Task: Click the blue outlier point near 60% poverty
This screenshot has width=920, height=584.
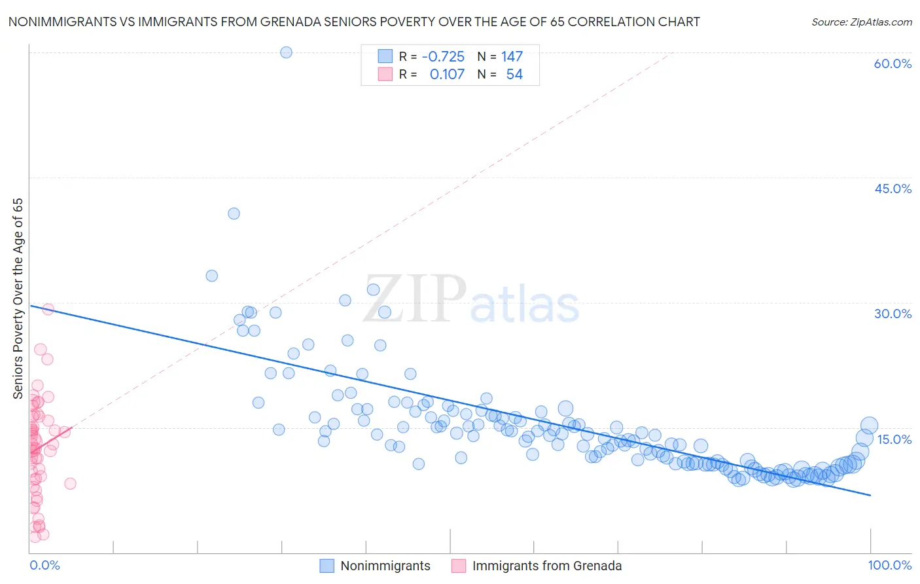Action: (x=286, y=52)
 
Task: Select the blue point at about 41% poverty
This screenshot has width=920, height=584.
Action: (x=234, y=213)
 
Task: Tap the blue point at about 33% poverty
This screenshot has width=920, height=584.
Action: (x=211, y=276)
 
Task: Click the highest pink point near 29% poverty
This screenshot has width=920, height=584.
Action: (x=48, y=309)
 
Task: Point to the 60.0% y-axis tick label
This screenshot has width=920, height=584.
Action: (x=893, y=64)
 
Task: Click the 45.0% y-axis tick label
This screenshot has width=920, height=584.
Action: (x=893, y=189)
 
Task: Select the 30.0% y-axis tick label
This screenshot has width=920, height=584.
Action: (x=893, y=314)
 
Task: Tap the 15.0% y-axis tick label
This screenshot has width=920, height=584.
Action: (x=894, y=439)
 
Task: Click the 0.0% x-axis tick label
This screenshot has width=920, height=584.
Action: (x=44, y=565)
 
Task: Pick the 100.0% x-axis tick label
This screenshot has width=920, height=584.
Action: (x=889, y=565)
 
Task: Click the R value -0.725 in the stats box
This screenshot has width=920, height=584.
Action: (x=443, y=57)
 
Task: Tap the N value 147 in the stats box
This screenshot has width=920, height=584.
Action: (x=512, y=57)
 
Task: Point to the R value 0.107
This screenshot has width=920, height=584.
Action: (x=447, y=75)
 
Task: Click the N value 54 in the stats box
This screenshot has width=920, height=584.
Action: (x=514, y=75)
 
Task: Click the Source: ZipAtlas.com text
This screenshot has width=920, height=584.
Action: (x=861, y=22)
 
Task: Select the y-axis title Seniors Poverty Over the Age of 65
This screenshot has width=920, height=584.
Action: (x=18, y=299)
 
